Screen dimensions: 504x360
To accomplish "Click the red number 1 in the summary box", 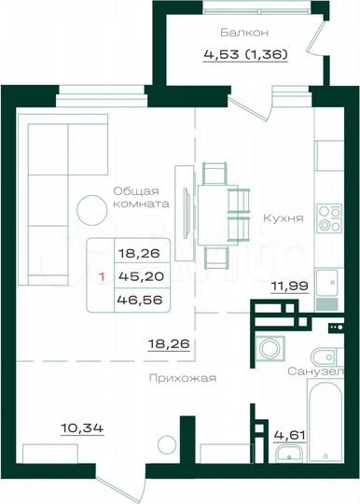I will [x=102, y=276].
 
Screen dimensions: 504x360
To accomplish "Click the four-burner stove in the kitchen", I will [x=327, y=217].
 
